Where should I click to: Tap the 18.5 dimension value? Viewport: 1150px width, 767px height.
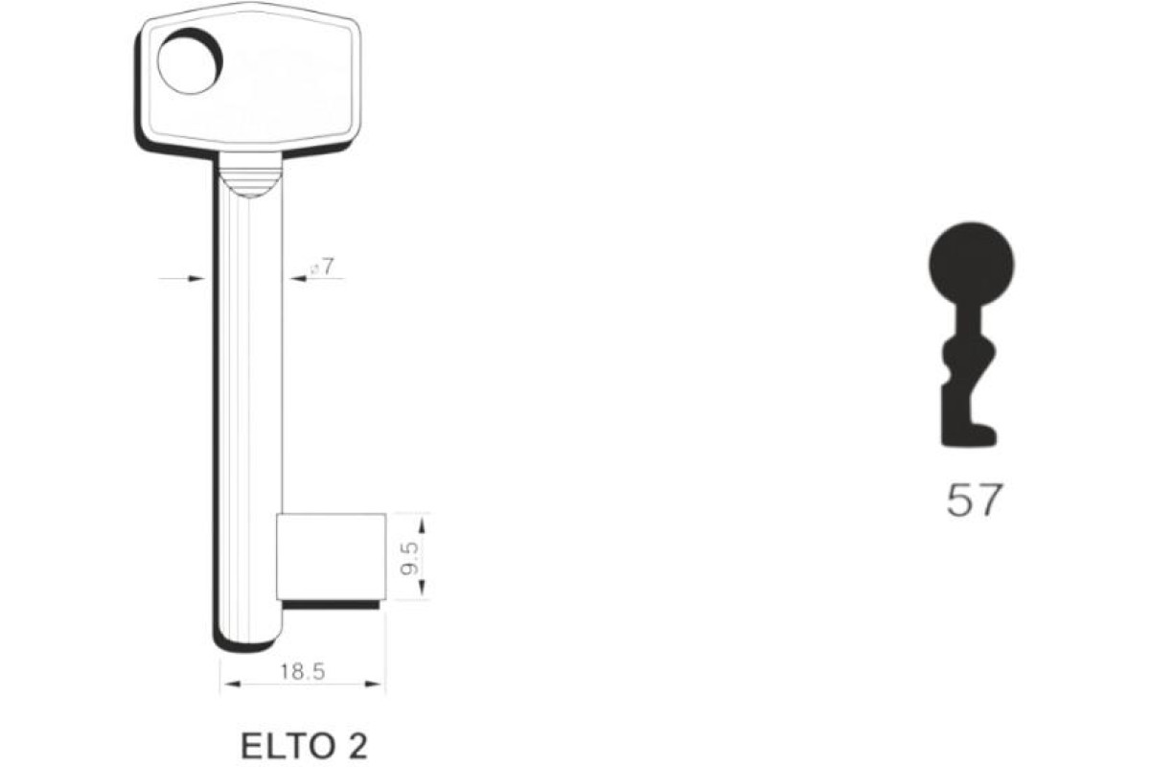click(303, 671)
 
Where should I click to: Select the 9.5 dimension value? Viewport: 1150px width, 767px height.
click(409, 559)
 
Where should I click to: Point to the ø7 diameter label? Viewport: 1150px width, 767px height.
click(321, 267)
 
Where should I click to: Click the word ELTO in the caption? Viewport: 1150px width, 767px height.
click(287, 747)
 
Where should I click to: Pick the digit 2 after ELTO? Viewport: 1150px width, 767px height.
click(357, 747)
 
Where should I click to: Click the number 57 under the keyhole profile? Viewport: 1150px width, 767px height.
click(974, 500)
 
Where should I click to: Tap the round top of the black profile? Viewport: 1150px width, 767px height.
click(972, 264)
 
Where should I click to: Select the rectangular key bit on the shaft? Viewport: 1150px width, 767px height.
click(332, 556)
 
